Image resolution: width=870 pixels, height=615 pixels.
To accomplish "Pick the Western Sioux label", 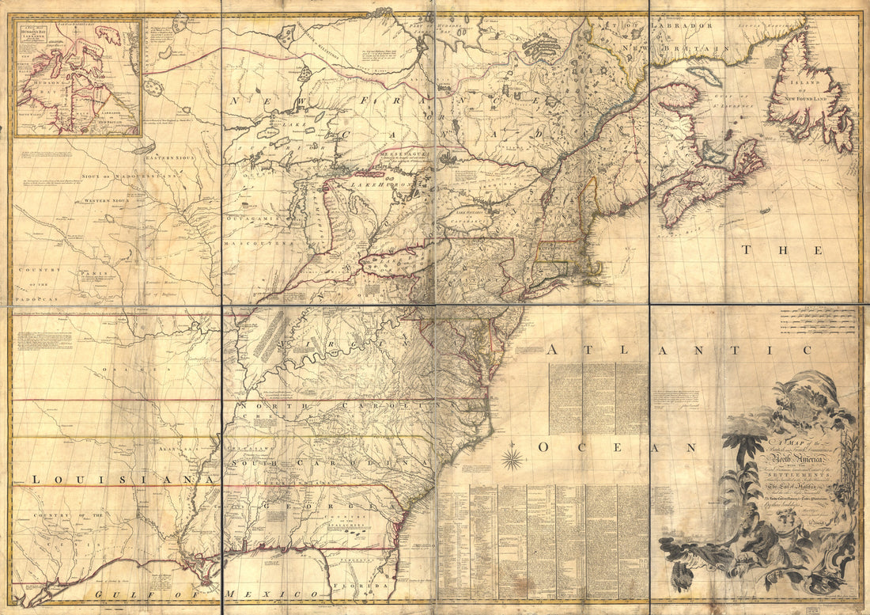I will pos(111,201).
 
